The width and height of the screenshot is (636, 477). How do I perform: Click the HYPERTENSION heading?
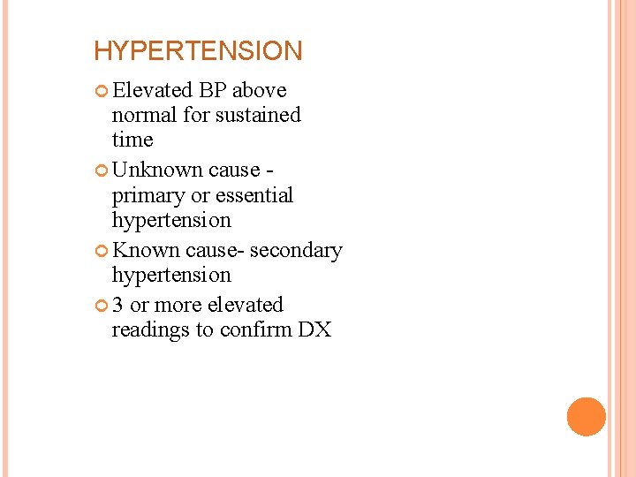coord(198,51)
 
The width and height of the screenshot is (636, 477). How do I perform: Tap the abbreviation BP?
coord(216,90)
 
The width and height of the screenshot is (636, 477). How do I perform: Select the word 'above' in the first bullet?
coord(260,90)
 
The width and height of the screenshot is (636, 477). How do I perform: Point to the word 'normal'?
coord(142,115)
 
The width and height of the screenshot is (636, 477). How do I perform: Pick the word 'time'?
coord(132,140)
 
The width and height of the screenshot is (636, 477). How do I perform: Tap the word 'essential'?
coord(251,195)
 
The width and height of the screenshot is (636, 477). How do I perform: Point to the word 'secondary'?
coord(296,251)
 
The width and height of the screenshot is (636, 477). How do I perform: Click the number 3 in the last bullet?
coord(118,305)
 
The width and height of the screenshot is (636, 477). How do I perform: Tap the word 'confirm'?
coord(254,330)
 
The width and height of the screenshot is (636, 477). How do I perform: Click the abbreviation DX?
coord(314,330)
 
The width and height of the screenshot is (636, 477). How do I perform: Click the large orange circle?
coord(586,417)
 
